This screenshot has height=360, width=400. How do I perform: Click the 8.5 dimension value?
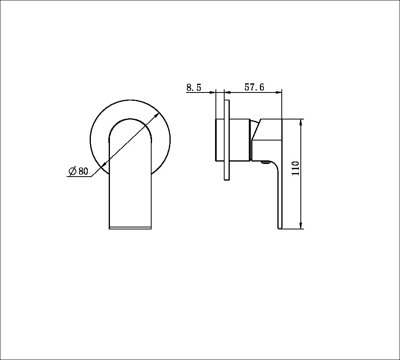coord(194,88)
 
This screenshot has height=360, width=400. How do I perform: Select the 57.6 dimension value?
coord(254,87)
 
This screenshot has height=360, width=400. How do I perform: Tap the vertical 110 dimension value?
coord(296,169)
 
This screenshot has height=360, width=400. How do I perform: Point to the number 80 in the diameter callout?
coord(83,171)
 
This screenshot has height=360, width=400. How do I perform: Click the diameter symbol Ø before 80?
coord(73,171)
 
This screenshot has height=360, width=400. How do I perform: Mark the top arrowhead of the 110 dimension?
coord(302,122)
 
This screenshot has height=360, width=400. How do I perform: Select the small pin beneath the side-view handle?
coord(265,162)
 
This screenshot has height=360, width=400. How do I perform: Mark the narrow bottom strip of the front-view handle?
coord(130,228)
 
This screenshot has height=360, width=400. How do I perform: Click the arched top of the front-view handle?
coord(130,121)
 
